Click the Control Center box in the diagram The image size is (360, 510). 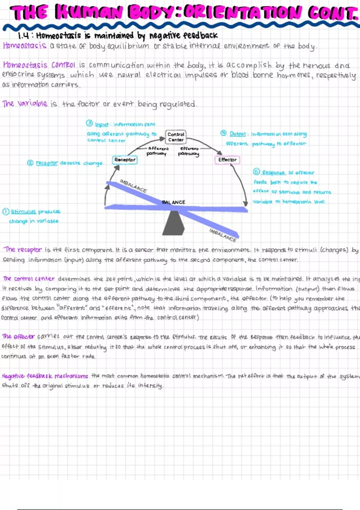coord(176,137)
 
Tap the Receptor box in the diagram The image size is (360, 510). coord(125,160)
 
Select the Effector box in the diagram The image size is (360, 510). coord(227,160)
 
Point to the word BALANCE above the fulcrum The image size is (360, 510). coord(173,202)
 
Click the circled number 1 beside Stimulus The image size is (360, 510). coord(6,211)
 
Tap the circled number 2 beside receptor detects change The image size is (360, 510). coord(30,163)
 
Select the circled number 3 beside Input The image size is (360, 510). coord(89,123)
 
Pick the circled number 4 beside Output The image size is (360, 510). coord(223,133)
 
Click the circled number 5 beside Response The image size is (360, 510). coord(256,172)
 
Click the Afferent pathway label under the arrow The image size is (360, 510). coord(157,151)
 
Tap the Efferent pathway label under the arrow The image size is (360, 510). coord(189,151)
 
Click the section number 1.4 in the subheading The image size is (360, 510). coord(24,36)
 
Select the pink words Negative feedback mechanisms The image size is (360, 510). coord(45,376)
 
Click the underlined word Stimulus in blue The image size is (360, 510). coord(23,211)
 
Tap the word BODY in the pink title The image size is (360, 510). coord(153,12)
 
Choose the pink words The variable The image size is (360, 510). coord(25,103)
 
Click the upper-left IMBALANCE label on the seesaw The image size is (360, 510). coord(133,186)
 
